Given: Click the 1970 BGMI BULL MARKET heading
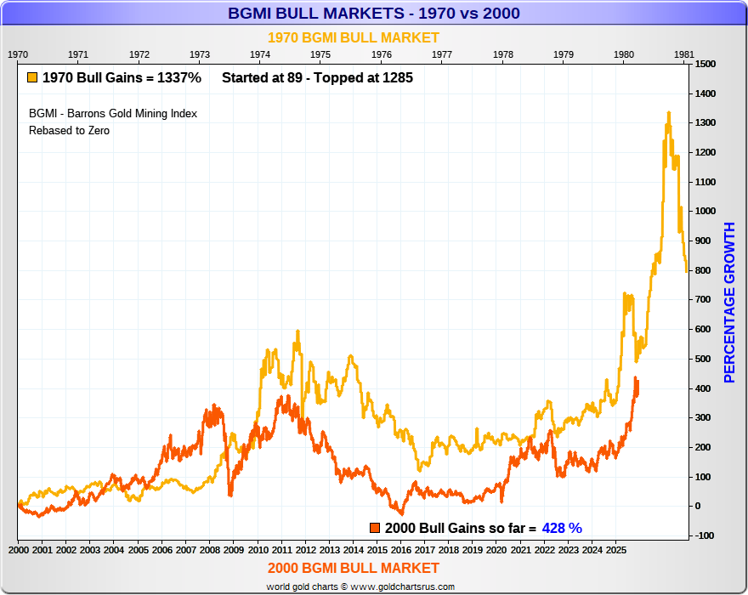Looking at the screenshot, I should pos(354,37).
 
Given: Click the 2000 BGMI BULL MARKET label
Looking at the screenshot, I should pos(354,568).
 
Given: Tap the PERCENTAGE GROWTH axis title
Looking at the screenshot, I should pos(729,302).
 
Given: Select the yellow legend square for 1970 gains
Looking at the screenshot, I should pos(31,77).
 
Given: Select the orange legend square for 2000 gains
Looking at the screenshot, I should pos(375,528).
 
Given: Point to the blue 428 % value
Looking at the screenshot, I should pos(564,528).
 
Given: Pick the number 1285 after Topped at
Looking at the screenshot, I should pos(397,77).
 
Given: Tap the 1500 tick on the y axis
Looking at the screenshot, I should pos(705,64).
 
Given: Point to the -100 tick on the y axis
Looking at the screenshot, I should pos(705,535).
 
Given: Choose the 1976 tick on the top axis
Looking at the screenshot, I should pos(381,54).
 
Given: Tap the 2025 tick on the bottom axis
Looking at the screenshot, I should pos(617,551).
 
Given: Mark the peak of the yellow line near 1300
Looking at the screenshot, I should pos(668,113).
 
